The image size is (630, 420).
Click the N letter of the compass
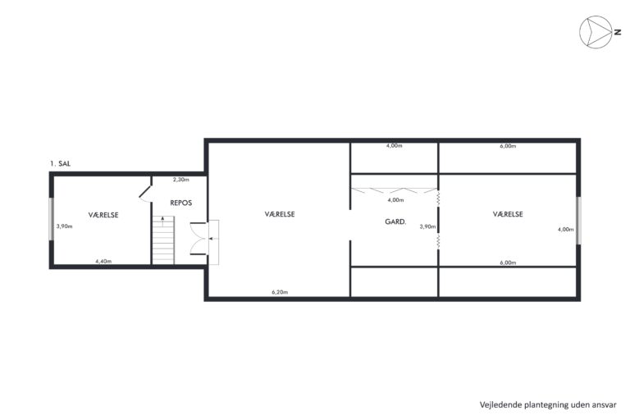(x=617, y=32)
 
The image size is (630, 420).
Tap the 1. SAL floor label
(x=60, y=163)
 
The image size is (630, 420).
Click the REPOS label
(x=180, y=203)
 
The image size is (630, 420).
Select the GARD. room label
(x=395, y=221)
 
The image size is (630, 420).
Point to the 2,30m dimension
(x=180, y=180)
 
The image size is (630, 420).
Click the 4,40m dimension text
(x=103, y=261)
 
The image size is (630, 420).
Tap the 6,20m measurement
(x=280, y=292)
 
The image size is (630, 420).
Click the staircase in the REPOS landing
(x=163, y=240)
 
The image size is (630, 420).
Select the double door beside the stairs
(x=199, y=239)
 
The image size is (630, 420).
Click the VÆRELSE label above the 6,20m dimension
(x=280, y=214)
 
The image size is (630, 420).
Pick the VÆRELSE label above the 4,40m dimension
(x=103, y=215)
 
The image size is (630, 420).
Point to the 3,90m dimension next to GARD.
(x=427, y=226)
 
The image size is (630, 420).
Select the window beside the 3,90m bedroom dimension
(x=52, y=219)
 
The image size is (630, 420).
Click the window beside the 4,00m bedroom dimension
(x=578, y=220)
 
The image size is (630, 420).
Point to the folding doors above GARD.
(x=394, y=190)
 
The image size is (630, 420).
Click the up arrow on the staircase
(x=162, y=221)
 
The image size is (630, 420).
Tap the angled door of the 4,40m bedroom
(x=145, y=192)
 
